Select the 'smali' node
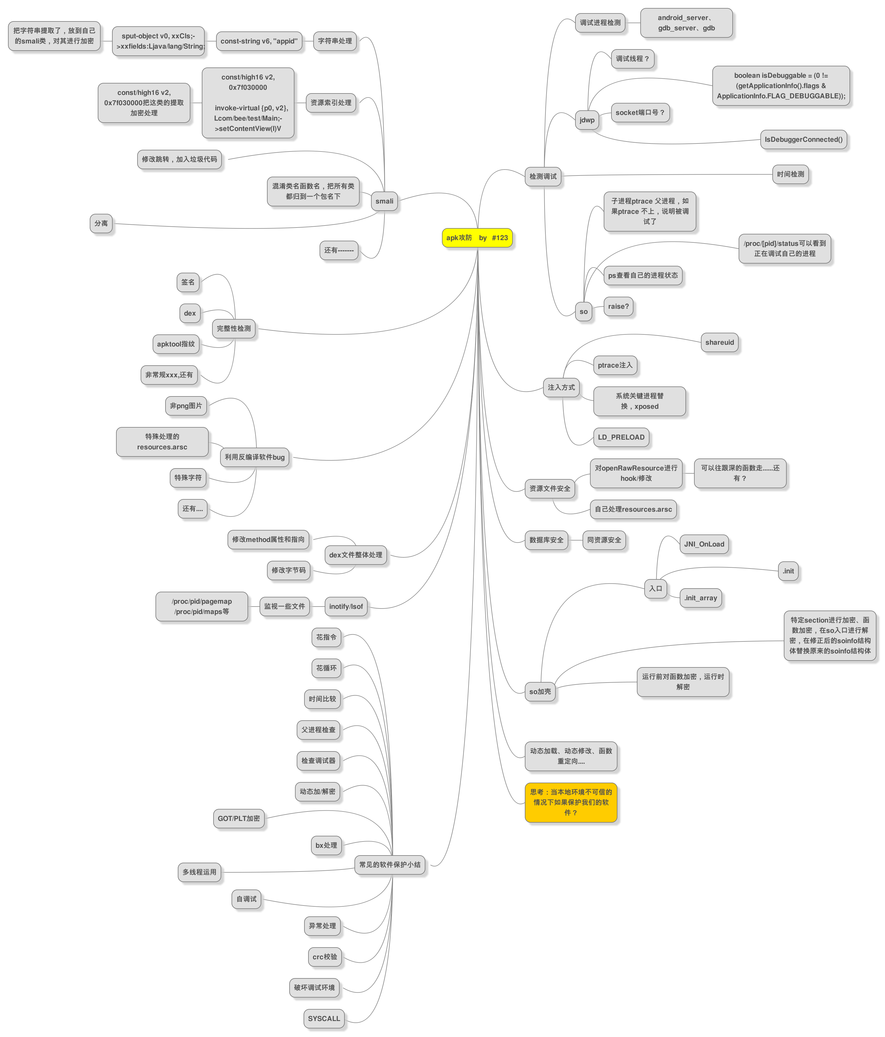[x=384, y=201]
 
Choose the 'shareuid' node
[x=719, y=342]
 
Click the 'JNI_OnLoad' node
[x=704, y=544]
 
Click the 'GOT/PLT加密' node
[x=239, y=818]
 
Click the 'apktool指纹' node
[x=176, y=344]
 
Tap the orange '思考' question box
[x=571, y=802]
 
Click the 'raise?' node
[x=618, y=306]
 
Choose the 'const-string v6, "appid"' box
[x=259, y=41]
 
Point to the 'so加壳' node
[x=540, y=692]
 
